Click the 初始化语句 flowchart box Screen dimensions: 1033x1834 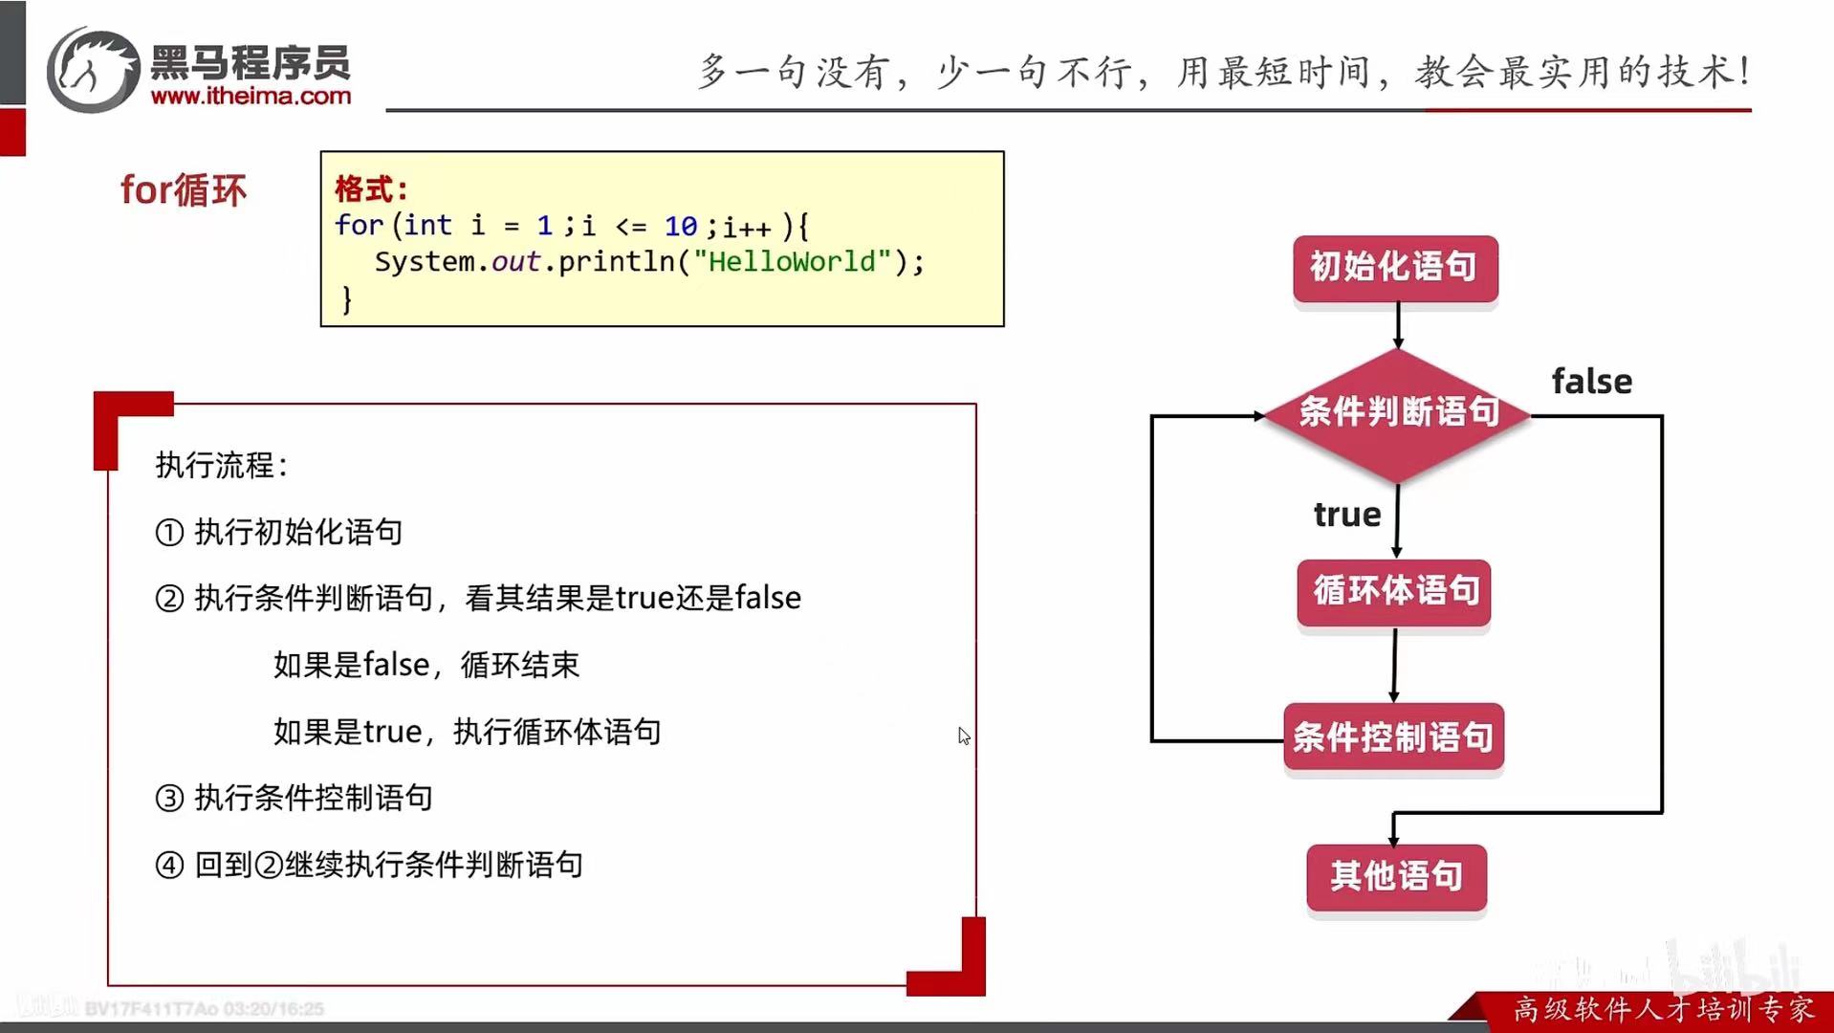1394,268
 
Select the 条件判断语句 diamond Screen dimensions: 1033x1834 1397,413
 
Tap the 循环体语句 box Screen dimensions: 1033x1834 1394,591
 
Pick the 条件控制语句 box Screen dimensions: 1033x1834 1393,736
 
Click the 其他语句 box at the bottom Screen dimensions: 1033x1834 1396,875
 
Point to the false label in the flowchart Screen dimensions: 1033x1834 1591,382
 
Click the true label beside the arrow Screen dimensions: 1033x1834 1346,515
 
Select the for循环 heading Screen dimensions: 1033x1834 183,190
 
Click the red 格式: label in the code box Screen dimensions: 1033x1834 371,188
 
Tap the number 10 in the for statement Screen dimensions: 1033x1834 681,227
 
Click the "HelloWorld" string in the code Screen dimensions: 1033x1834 792,262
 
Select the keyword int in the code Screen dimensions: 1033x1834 427,226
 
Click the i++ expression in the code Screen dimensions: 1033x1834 747,228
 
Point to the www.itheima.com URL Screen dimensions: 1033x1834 251,97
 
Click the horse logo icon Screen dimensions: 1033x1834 94,70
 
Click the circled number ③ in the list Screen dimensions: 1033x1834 169,798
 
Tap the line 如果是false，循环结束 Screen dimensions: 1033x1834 426,665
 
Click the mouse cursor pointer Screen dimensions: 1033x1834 963,735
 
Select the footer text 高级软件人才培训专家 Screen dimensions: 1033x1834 1663,1009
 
